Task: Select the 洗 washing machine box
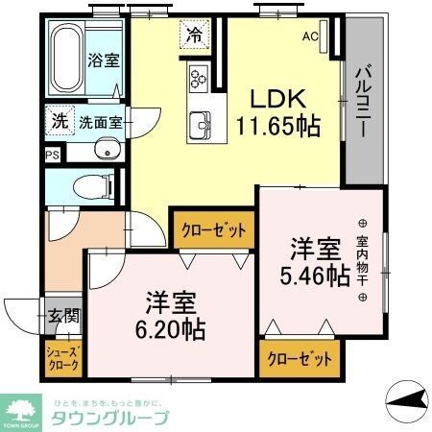click(60, 122)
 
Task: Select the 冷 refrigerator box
click(195, 36)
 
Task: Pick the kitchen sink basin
click(202, 123)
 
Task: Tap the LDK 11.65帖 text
click(278, 111)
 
